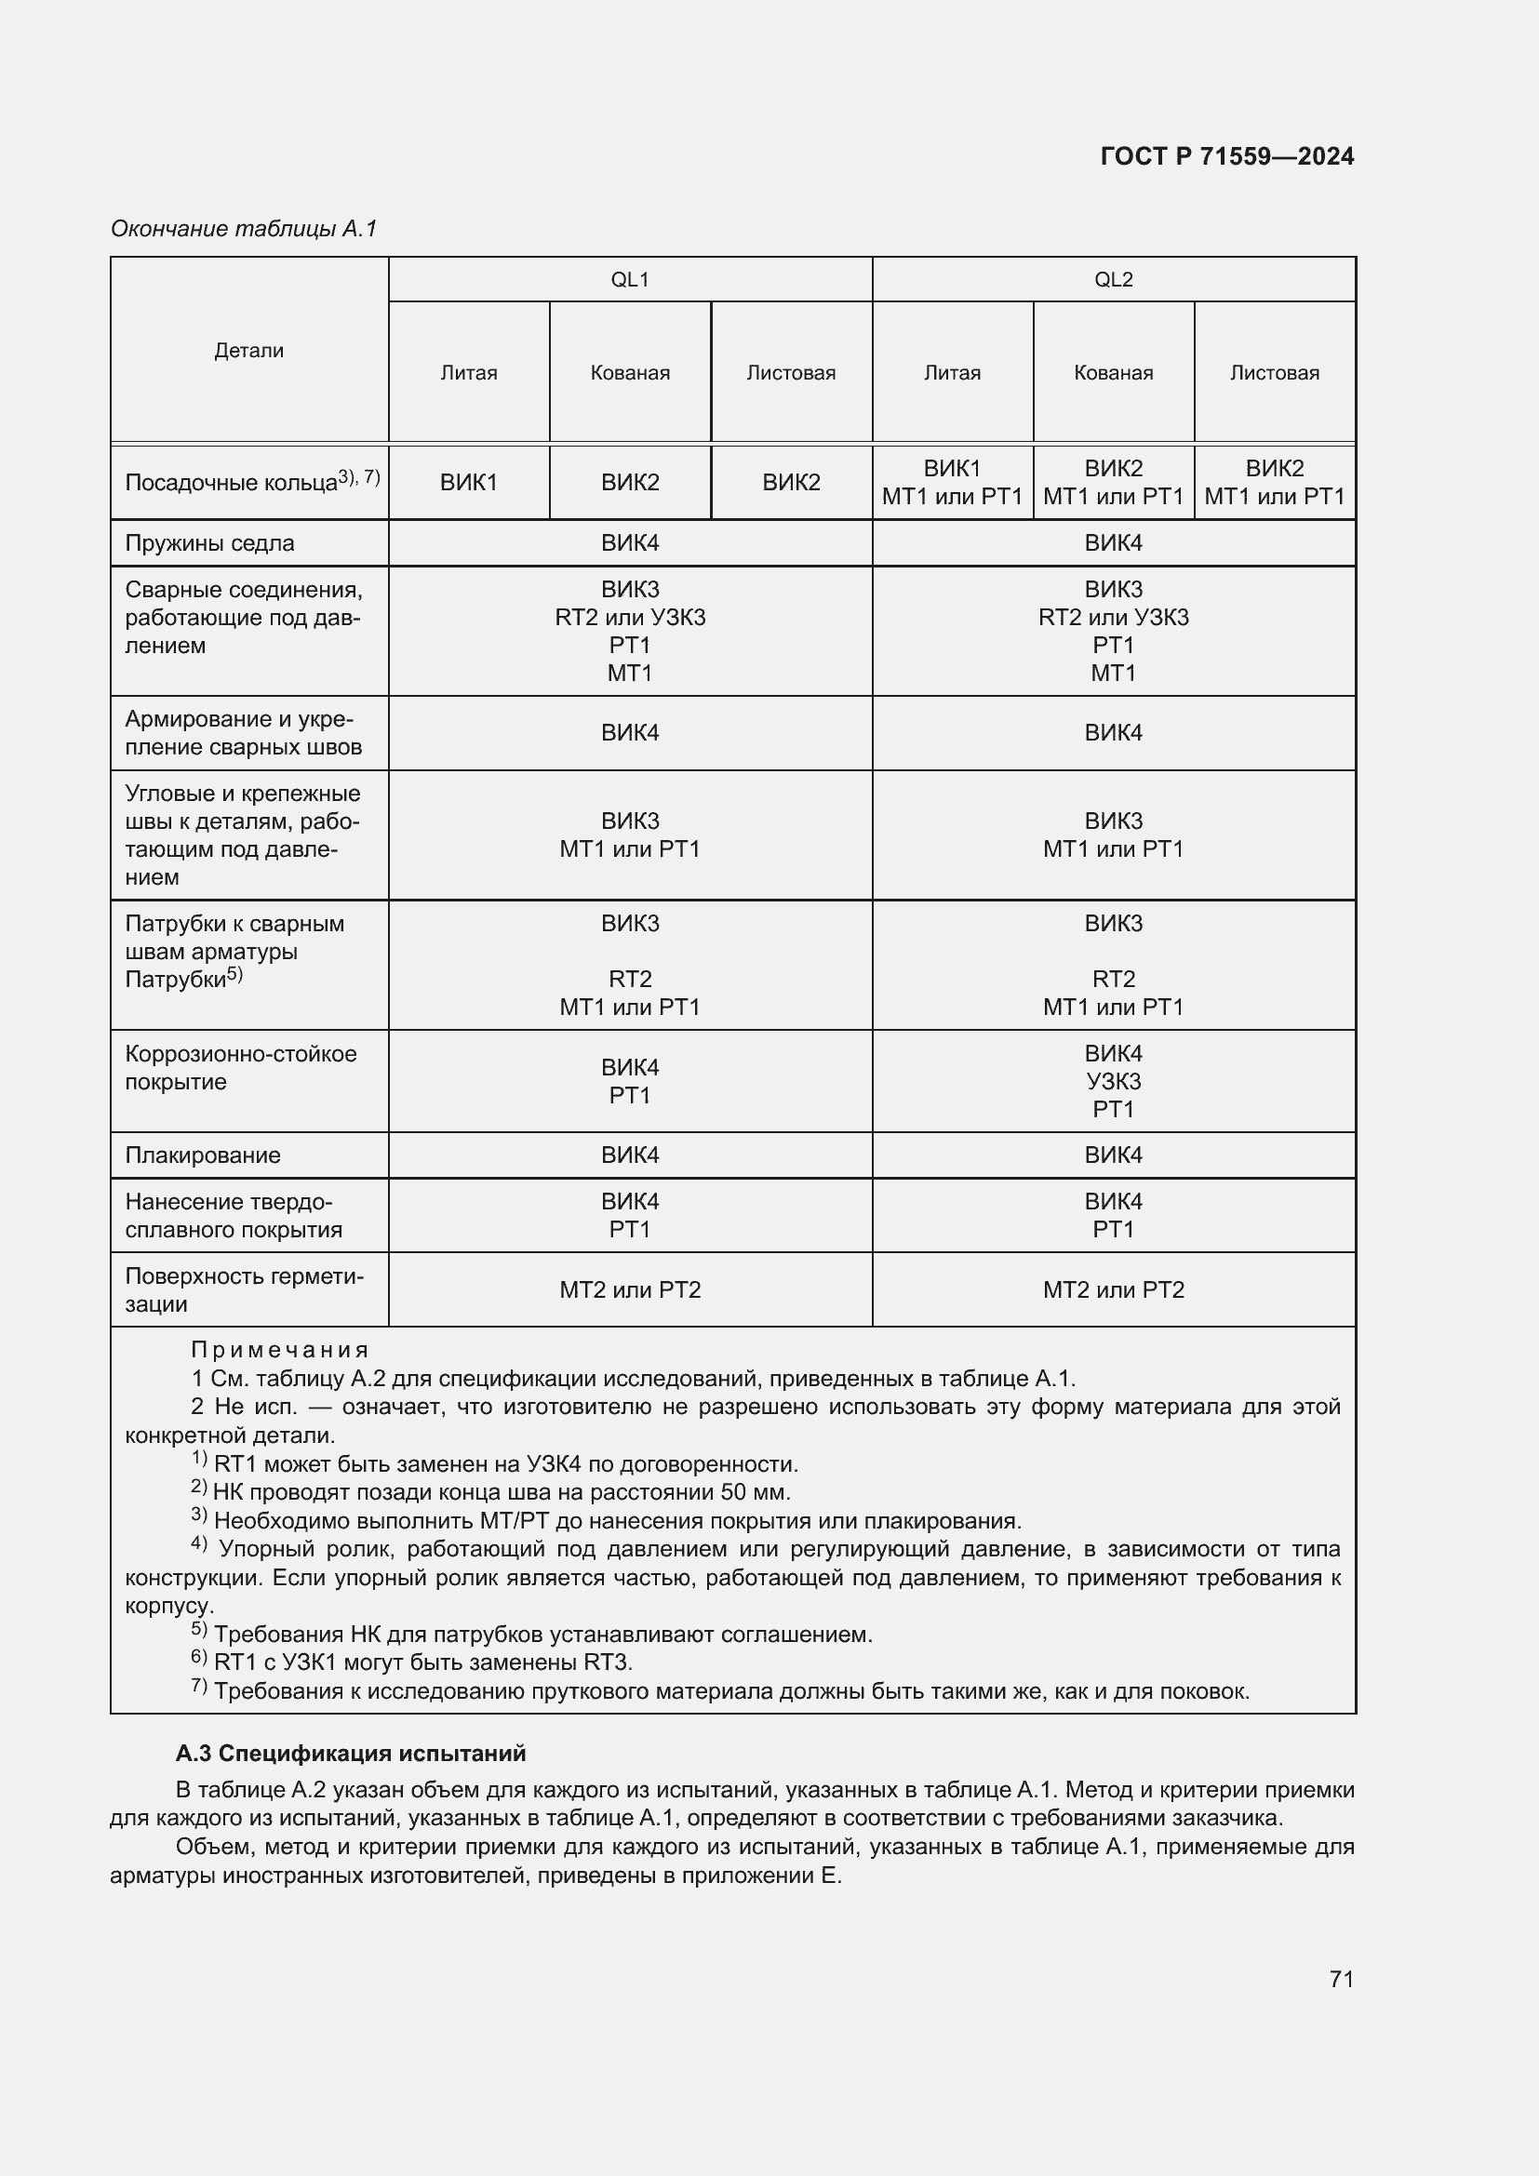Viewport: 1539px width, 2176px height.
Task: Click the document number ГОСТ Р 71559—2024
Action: click(x=1226, y=156)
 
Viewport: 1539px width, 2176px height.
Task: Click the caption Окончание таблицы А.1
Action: click(x=244, y=229)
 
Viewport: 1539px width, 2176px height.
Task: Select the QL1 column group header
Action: click(x=629, y=280)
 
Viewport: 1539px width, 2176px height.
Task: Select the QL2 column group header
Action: click(x=1113, y=280)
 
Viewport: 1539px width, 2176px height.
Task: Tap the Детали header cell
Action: click(x=248, y=351)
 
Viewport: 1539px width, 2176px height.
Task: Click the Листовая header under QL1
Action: click(x=790, y=372)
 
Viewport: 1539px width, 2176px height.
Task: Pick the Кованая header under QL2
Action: click(x=1113, y=372)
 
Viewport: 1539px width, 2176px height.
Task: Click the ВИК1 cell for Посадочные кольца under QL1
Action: click(x=468, y=483)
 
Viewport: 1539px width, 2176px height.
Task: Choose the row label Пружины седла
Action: click(x=209, y=543)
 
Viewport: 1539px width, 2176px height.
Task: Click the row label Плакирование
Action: click(x=203, y=1155)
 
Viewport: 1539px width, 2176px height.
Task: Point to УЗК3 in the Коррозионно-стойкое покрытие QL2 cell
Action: click(x=1113, y=1081)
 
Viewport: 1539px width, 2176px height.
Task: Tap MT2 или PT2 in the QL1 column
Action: click(x=629, y=1289)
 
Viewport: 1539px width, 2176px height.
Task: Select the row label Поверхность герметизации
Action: click(x=244, y=1289)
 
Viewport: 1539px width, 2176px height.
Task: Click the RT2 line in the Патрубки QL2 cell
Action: click(x=1113, y=979)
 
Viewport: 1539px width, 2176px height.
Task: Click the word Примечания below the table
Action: click(x=278, y=1350)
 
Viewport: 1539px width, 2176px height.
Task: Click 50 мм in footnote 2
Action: click(x=755, y=1492)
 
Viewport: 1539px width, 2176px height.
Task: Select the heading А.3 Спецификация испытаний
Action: click(x=351, y=1755)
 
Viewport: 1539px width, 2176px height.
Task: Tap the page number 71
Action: click(x=1341, y=1979)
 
